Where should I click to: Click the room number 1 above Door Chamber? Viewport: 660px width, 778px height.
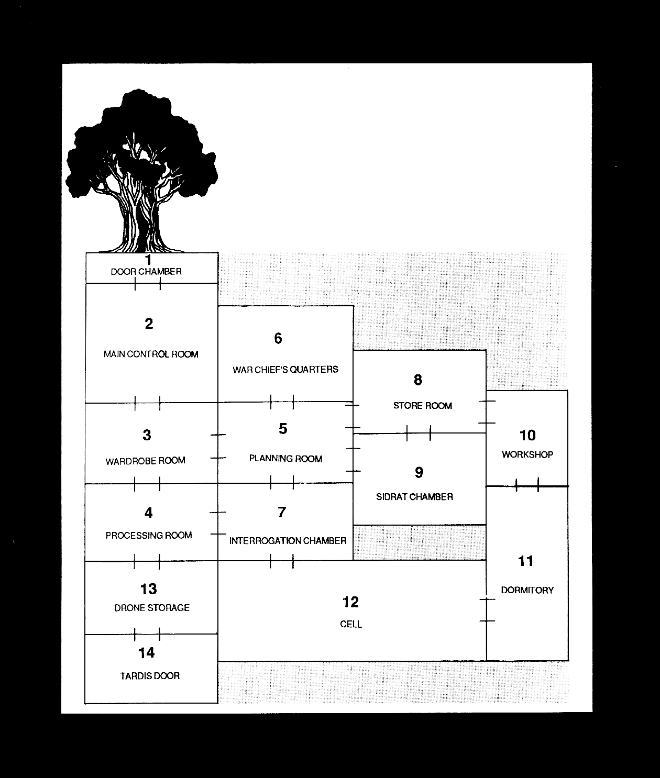point(148,260)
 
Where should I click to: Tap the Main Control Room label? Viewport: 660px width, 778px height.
point(151,354)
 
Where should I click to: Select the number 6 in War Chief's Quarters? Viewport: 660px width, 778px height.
point(278,339)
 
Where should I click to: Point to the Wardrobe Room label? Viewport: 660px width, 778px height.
point(146,461)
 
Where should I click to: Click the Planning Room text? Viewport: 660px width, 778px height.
point(285,459)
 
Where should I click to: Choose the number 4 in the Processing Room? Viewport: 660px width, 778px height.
point(149,513)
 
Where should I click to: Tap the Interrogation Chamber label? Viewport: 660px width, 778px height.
point(288,541)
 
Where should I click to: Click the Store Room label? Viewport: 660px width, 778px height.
point(422,406)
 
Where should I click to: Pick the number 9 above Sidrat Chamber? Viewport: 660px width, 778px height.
point(419,473)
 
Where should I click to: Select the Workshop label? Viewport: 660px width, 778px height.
point(527,454)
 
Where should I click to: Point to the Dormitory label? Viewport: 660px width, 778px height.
point(527,590)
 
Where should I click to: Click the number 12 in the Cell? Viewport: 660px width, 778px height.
point(350,602)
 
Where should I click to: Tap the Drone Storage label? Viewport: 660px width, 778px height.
point(152,608)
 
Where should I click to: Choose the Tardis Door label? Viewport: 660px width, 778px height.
point(150,676)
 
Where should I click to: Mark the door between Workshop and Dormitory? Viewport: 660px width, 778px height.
point(527,486)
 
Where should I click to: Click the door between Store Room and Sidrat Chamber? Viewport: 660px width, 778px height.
point(419,433)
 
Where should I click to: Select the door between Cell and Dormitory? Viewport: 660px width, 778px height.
point(487,610)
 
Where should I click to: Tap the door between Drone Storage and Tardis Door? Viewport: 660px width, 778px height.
point(147,635)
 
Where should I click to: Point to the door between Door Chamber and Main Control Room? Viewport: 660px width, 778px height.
point(148,284)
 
